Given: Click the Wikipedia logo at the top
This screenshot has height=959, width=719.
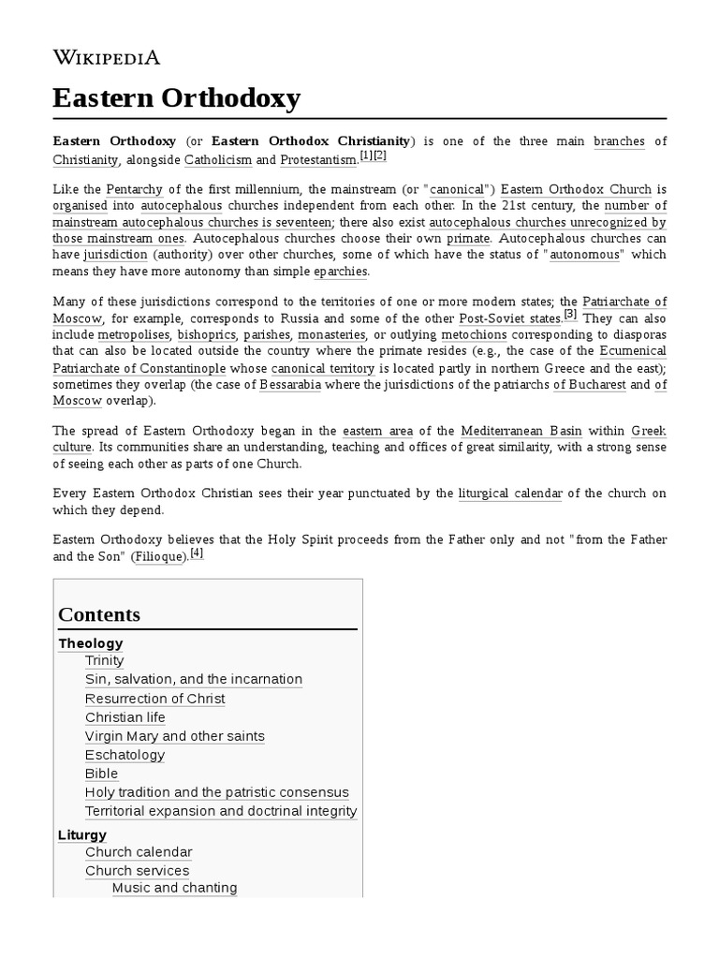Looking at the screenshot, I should click(107, 57).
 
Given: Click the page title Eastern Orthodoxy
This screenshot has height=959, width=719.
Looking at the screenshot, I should click(176, 97).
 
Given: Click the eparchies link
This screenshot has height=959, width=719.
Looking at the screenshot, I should click(341, 272).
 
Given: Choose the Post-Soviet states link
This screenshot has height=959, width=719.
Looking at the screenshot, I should click(509, 317).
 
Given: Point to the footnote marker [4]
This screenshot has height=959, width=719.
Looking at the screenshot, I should click(196, 553).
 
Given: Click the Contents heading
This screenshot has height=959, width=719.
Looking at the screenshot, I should click(99, 614).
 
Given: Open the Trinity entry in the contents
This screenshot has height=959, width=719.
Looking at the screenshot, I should click(104, 661).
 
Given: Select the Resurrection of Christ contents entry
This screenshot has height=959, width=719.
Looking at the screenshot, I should click(154, 699).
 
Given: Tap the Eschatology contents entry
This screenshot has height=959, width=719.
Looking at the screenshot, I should click(125, 755).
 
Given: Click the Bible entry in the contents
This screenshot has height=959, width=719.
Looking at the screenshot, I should click(101, 774).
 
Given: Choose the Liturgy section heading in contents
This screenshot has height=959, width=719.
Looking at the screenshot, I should click(82, 834).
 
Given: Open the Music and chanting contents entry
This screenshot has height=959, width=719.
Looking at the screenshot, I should click(174, 888).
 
